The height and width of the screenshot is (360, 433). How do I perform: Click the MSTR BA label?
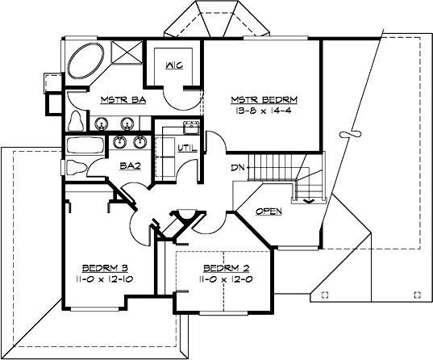117,101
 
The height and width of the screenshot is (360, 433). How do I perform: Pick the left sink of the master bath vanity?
103,123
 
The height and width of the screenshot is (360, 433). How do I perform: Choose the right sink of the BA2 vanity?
141,142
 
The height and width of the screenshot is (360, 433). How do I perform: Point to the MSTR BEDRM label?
264,100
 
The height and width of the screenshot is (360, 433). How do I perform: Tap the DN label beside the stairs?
237,168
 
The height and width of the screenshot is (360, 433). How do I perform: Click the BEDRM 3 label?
106,267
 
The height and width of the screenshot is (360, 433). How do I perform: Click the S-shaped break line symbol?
349,132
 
